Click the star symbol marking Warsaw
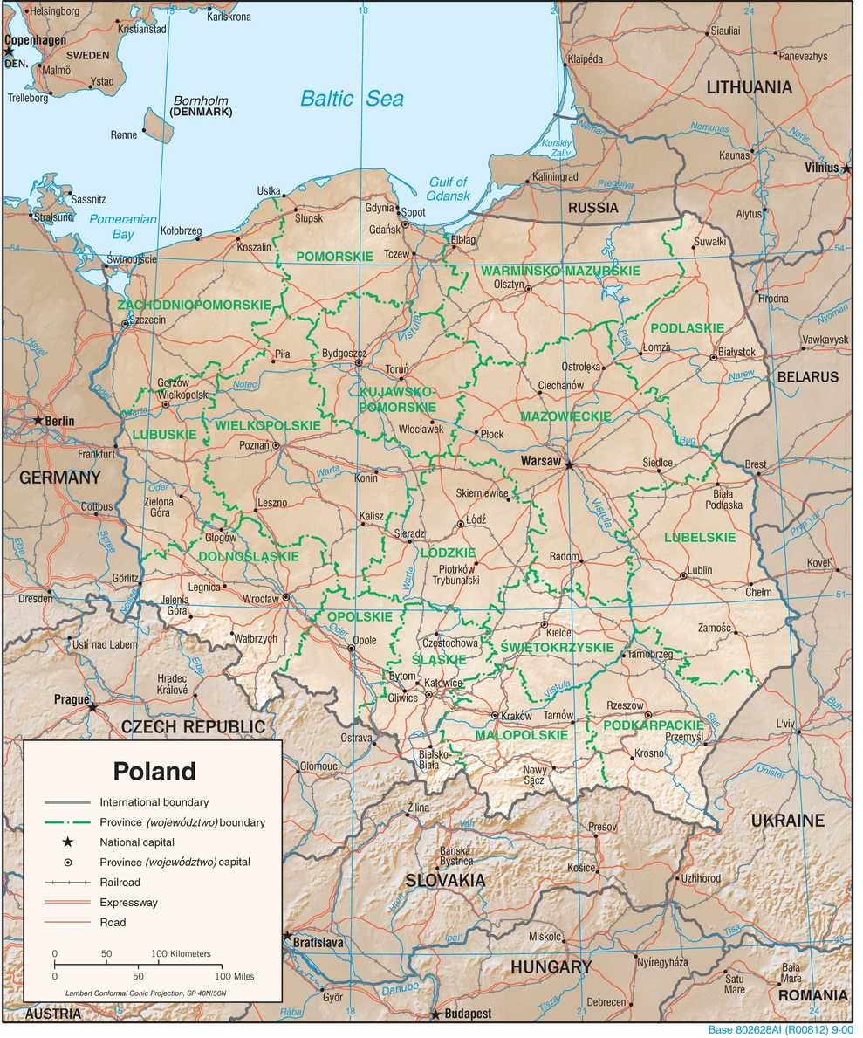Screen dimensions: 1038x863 (570, 465)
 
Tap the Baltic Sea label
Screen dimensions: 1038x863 (352, 99)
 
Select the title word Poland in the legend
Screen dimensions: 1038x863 (154, 772)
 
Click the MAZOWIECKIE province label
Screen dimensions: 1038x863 (565, 417)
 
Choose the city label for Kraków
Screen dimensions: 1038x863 (517, 716)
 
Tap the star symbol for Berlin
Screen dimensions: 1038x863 (38, 420)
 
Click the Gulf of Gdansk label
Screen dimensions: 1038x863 (449, 189)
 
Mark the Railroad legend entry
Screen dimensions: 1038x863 (119, 883)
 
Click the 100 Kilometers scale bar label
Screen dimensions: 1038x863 (182, 954)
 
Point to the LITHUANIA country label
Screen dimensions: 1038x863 (749, 87)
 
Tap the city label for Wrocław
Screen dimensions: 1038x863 (260, 599)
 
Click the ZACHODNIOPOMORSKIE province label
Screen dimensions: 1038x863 (194, 305)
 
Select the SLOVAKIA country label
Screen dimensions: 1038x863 (444, 881)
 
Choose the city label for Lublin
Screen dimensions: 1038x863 (699, 570)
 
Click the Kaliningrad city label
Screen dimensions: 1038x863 (555, 177)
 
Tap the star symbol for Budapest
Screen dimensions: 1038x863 (435, 1014)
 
